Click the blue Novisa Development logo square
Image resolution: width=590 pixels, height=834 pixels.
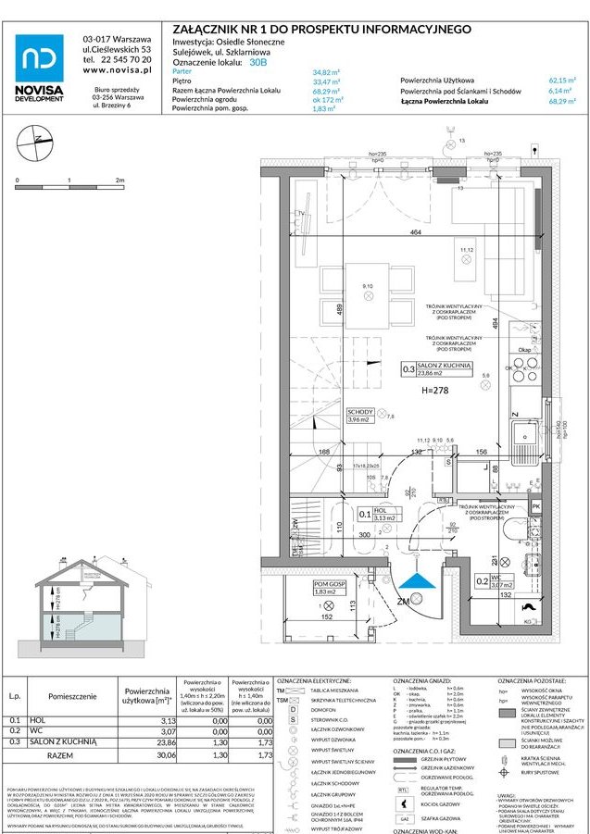40,57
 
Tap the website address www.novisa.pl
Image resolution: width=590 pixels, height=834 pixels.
117,70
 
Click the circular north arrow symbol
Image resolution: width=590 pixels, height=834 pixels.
37,140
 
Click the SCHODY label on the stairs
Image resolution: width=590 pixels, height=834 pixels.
359,412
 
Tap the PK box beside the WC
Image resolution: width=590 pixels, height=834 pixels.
535,506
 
